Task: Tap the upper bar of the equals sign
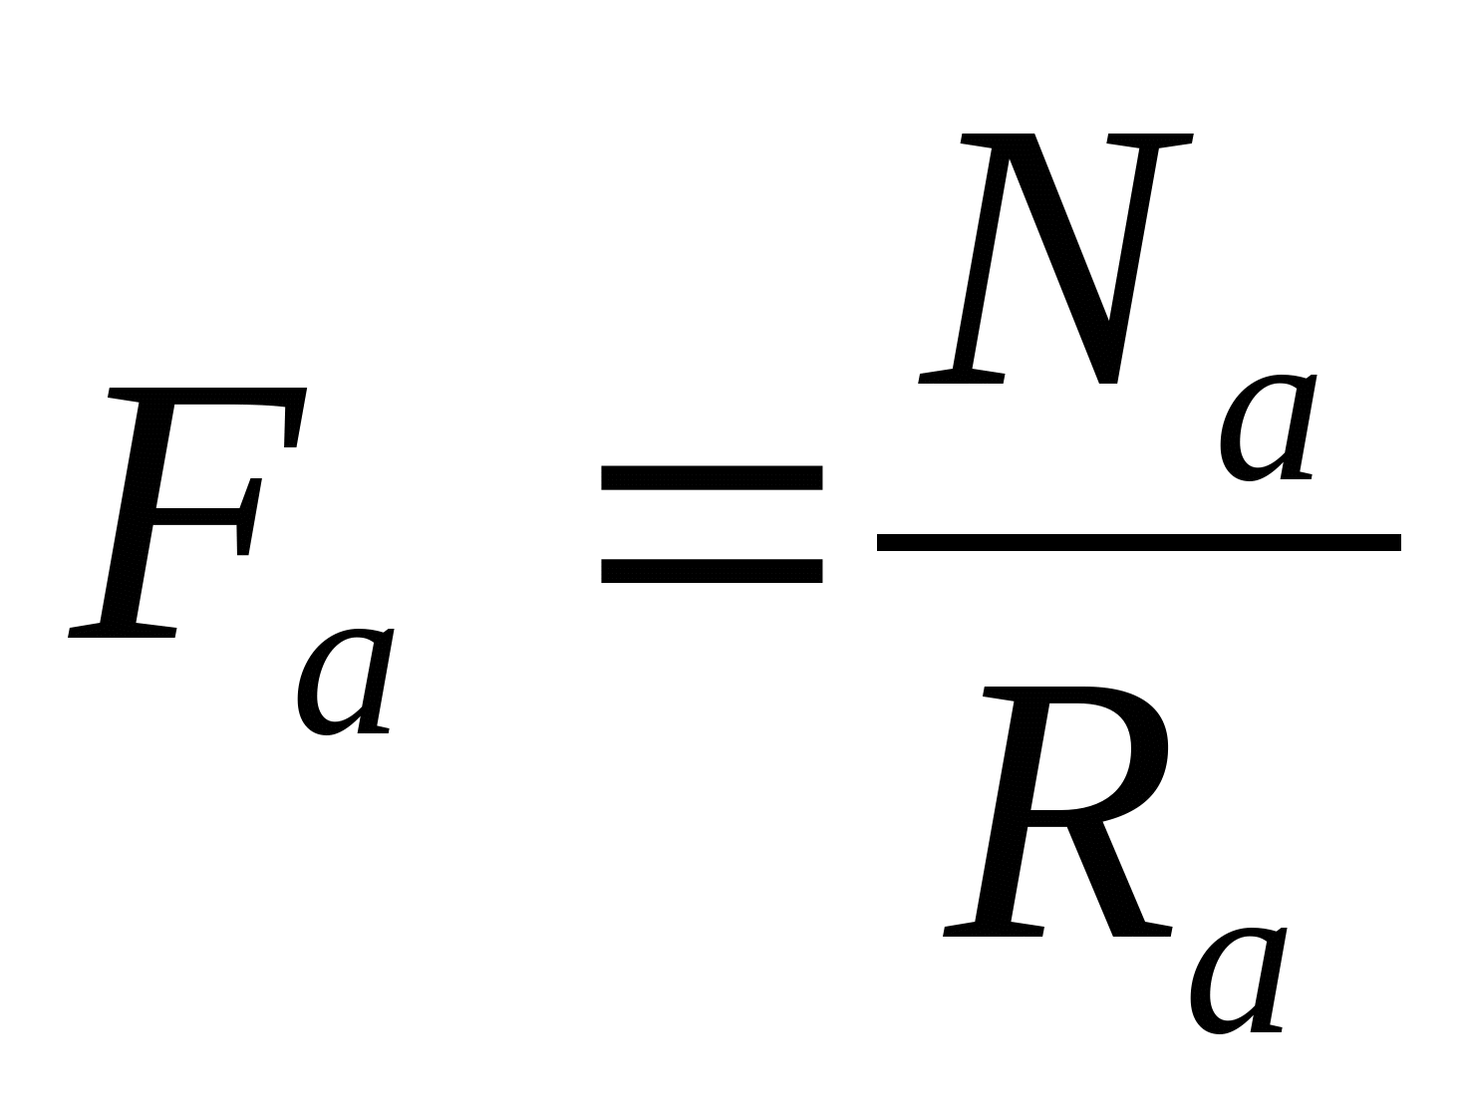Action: (712, 478)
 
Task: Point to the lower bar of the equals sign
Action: (712, 571)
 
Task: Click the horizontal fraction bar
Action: (1139, 543)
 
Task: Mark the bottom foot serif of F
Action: (123, 630)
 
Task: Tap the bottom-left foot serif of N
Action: (961, 377)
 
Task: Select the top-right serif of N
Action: (1149, 140)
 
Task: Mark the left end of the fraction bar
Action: (878, 543)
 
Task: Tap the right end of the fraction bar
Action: (1399, 543)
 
